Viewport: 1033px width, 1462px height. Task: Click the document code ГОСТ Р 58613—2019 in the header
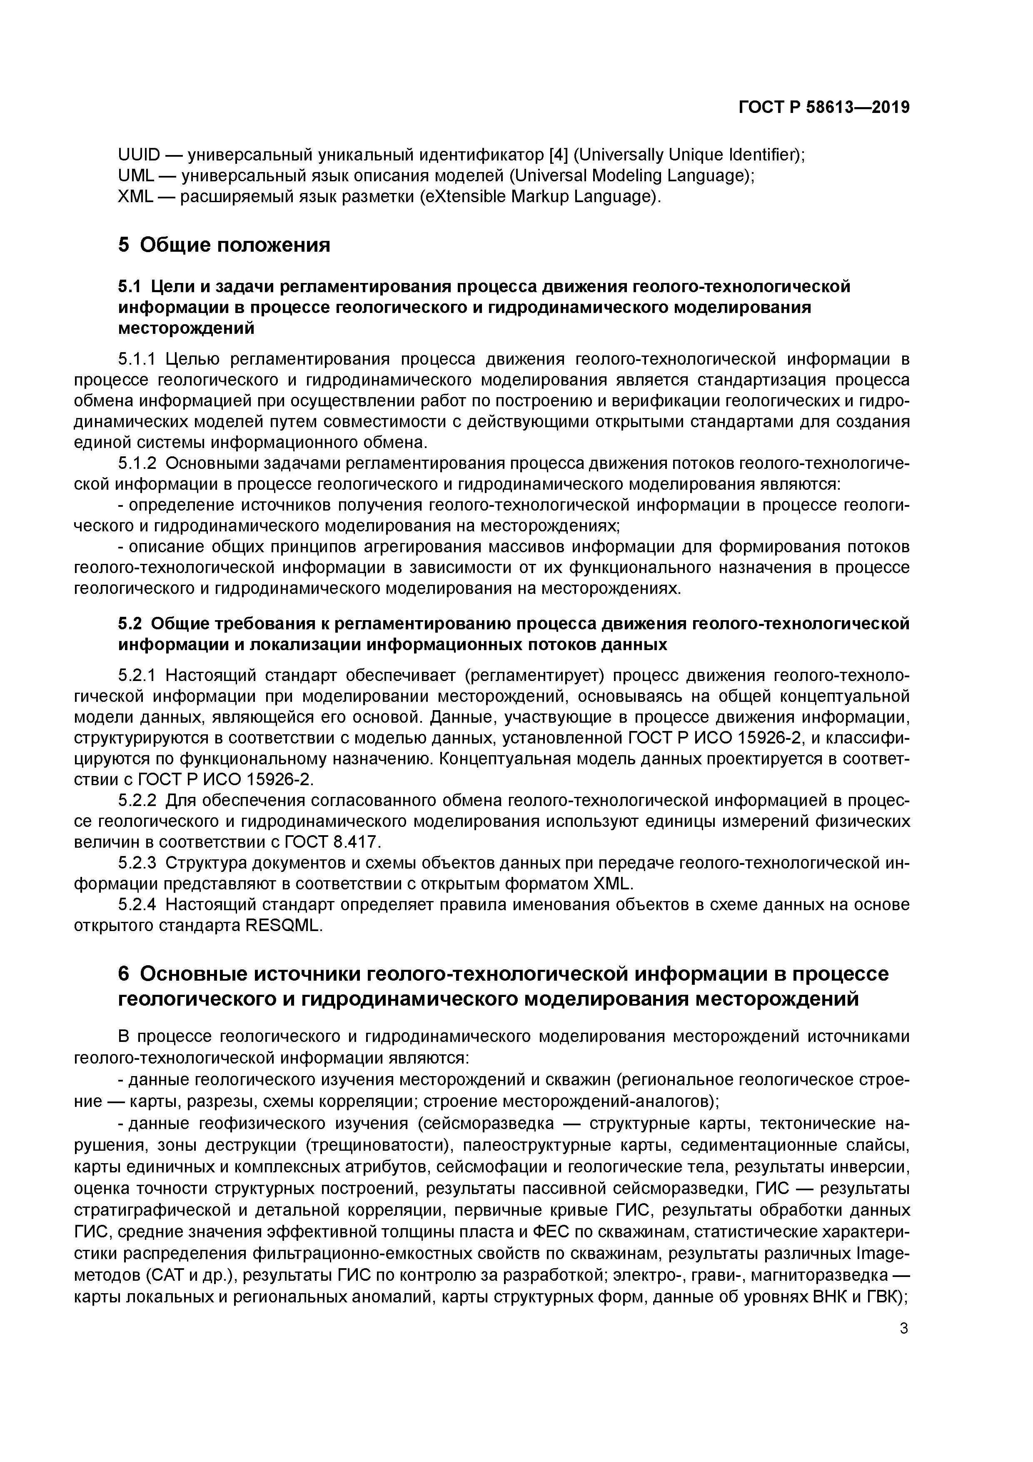823,108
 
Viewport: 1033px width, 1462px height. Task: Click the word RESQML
284,925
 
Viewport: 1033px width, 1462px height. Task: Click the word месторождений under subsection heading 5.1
187,328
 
